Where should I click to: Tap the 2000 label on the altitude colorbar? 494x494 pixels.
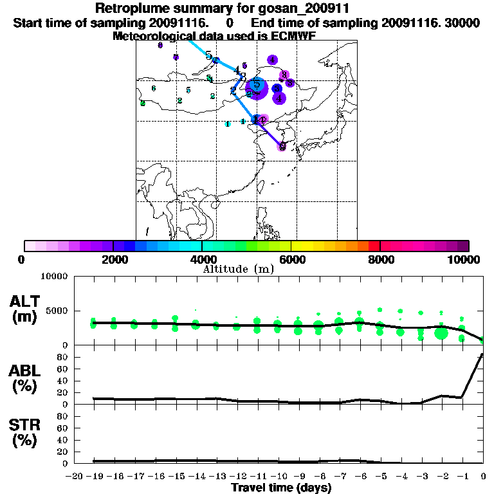(113, 259)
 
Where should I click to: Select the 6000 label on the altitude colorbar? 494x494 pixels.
(291, 259)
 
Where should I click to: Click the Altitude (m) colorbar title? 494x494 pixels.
(239, 269)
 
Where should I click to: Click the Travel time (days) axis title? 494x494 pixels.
(281, 488)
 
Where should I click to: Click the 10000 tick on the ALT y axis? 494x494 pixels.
(54, 277)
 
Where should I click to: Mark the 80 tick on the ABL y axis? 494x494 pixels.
(62, 356)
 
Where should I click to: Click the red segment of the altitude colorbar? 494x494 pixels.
(374, 246)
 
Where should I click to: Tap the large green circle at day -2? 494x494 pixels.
(441, 333)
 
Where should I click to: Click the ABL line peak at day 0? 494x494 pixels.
(482, 354)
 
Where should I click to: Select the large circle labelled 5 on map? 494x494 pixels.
(257, 86)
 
